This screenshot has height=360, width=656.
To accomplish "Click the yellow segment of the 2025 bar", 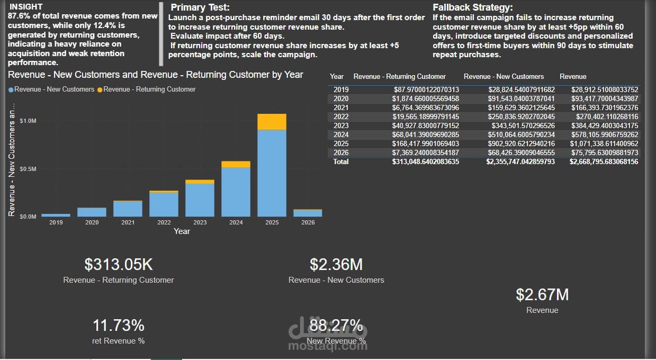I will tap(272, 122).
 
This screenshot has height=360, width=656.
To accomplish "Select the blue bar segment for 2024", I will tap(236, 192).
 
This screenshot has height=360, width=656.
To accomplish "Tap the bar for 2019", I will tap(56, 215).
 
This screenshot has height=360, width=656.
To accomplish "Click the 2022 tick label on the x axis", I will tap(164, 222).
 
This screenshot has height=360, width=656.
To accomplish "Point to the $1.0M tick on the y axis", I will tap(28, 121).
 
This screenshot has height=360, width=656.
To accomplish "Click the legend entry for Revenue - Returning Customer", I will tap(149, 89).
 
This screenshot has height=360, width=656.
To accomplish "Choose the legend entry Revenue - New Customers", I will tap(54, 89).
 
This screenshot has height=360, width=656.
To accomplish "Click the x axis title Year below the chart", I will tap(182, 231).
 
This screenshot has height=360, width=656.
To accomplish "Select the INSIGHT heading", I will tap(26, 7).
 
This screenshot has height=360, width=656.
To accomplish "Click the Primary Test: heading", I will tap(200, 7).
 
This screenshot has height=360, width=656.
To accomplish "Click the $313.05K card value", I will tap(119, 264).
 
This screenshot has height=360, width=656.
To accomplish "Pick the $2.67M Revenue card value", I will tap(542, 294).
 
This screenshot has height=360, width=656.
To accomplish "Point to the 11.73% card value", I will tap(119, 325).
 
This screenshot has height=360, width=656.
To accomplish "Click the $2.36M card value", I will tap(336, 264).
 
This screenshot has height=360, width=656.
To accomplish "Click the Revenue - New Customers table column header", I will tap(504, 77).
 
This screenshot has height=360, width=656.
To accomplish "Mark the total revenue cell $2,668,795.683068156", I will tap(604, 161).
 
